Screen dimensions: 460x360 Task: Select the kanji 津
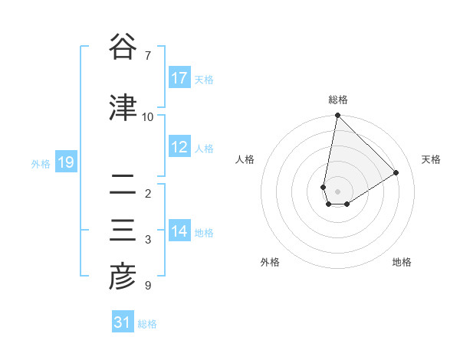click(123, 107)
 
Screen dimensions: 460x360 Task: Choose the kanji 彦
click(123, 277)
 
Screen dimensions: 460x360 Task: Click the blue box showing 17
click(179, 78)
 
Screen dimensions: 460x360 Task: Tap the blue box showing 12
click(179, 147)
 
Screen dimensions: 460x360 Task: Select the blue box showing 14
click(179, 231)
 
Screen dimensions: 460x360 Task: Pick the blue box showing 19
click(65, 162)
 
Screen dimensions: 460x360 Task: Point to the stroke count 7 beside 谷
click(147, 56)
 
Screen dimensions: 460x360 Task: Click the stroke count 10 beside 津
click(148, 117)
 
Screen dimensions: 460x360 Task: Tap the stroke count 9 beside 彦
click(147, 286)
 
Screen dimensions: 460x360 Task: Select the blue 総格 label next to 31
click(147, 324)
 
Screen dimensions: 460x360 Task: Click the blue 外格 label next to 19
click(40, 163)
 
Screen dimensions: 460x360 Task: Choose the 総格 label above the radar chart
click(338, 100)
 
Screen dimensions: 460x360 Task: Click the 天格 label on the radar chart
click(431, 159)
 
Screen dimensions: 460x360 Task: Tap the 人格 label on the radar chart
click(245, 159)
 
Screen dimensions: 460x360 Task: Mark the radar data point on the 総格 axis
click(337, 116)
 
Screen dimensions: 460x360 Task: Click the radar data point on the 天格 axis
click(396, 172)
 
